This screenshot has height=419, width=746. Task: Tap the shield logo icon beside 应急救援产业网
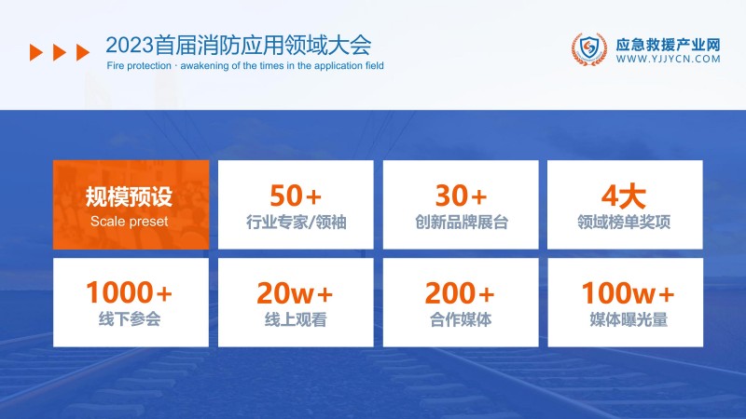[587, 50]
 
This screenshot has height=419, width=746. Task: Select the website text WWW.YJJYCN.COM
[669, 59]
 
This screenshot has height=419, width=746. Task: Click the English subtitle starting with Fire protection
[245, 66]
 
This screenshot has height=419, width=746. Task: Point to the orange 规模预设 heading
[130, 196]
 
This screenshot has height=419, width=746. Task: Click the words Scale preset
[130, 222]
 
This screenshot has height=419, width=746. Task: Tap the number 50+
[295, 196]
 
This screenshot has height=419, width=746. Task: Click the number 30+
[461, 196]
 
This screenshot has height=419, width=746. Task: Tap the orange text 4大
[625, 196]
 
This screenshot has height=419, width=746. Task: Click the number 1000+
[130, 293]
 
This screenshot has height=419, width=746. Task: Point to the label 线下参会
[130, 319]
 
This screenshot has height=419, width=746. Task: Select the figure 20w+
[295, 293]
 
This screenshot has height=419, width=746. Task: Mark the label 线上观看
[295, 319]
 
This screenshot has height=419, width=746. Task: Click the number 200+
[461, 293]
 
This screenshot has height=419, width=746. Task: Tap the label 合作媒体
[461, 319]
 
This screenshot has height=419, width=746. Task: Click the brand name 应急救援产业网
[669, 43]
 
